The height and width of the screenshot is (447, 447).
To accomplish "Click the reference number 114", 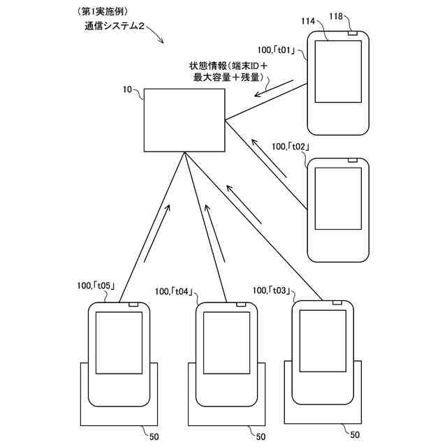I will [308, 22].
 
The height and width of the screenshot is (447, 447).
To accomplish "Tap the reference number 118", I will [354, 15].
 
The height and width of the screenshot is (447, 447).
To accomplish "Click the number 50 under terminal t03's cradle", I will [354, 434].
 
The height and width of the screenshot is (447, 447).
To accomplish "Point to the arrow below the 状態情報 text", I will [273, 89].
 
